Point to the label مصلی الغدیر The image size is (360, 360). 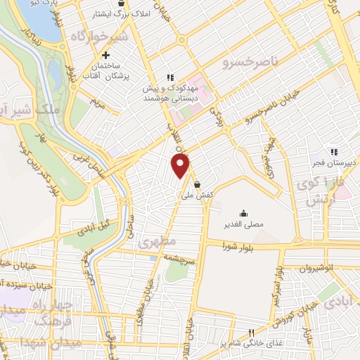click(243, 224)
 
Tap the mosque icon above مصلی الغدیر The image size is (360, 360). click(243, 213)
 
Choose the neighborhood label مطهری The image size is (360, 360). click(155, 242)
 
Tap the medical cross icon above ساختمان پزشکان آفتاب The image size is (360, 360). click(105, 55)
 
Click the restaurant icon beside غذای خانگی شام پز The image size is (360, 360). click(250, 333)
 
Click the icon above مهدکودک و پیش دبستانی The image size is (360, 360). click(169, 77)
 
